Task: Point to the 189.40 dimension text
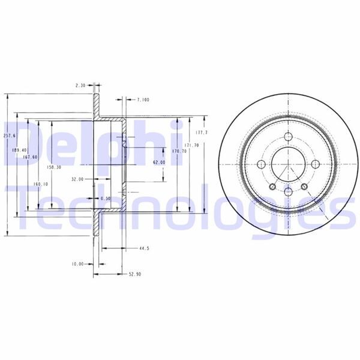pyautogui.click(x=19, y=149)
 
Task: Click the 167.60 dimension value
pyautogui.click(x=30, y=157)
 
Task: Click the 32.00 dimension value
pyautogui.click(x=77, y=179)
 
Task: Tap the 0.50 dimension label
pyautogui.click(x=106, y=199)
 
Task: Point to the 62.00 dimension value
pyautogui.click(x=158, y=162)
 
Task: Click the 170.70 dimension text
pyautogui.click(x=179, y=151)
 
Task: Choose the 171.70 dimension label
pyautogui.click(x=191, y=145)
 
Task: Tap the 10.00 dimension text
pyautogui.click(x=77, y=263)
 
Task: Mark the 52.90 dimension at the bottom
pyautogui.click(x=134, y=275)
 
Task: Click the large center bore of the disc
pyautogui.click(x=288, y=163)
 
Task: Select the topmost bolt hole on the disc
pyautogui.click(x=288, y=137)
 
